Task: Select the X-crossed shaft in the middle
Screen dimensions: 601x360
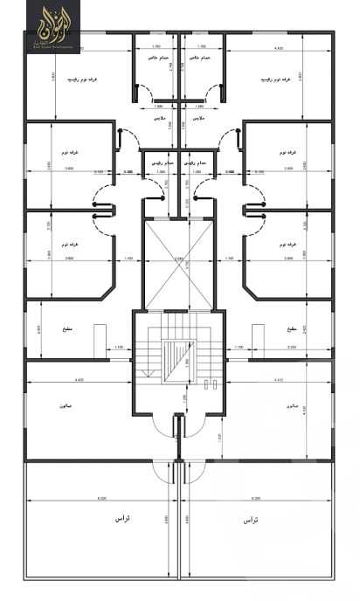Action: (x=180, y=261)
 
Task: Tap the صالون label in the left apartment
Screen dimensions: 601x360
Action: (x=66, y=407)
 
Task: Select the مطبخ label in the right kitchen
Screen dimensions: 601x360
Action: (x=291, y=329)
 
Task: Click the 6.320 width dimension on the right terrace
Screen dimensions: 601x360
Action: (x=255, y=498)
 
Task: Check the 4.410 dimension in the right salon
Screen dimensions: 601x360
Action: (x=278, y=380)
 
